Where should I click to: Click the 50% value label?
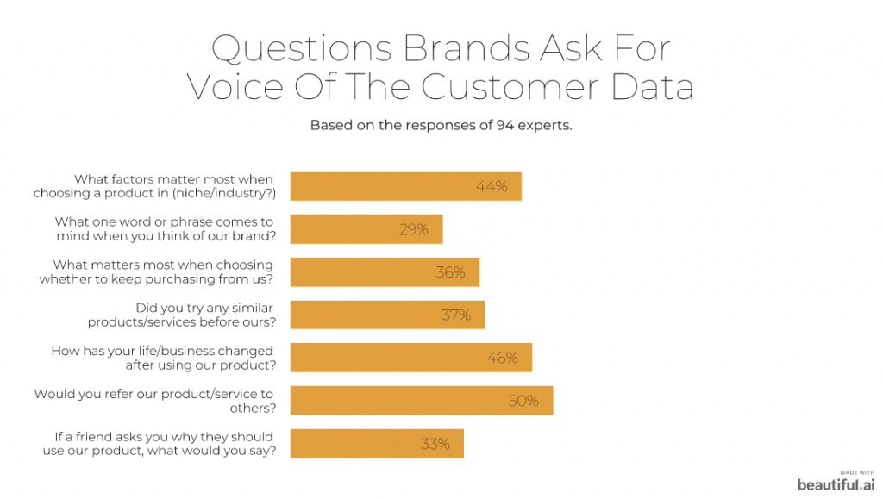click(x=523, y=401)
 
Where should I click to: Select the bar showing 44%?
click(x=405, y=186)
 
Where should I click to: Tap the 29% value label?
click(x=413, y=229)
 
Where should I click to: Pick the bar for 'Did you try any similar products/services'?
click(x=387, y=315)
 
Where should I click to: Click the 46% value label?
click(x=502, y=358)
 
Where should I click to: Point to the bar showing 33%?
click(x=377, y=444)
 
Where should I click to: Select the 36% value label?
click(x=449, y=272)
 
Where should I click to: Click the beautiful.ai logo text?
click(x=836, y=483)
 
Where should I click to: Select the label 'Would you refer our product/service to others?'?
click(x=154, y=401)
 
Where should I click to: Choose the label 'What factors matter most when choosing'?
click(x=154, y=186)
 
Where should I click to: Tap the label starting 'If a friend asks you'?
click(x=159, y=444)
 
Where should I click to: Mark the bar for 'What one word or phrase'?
click(x=366, y=229)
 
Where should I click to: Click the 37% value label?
click(x=456, y=315)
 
